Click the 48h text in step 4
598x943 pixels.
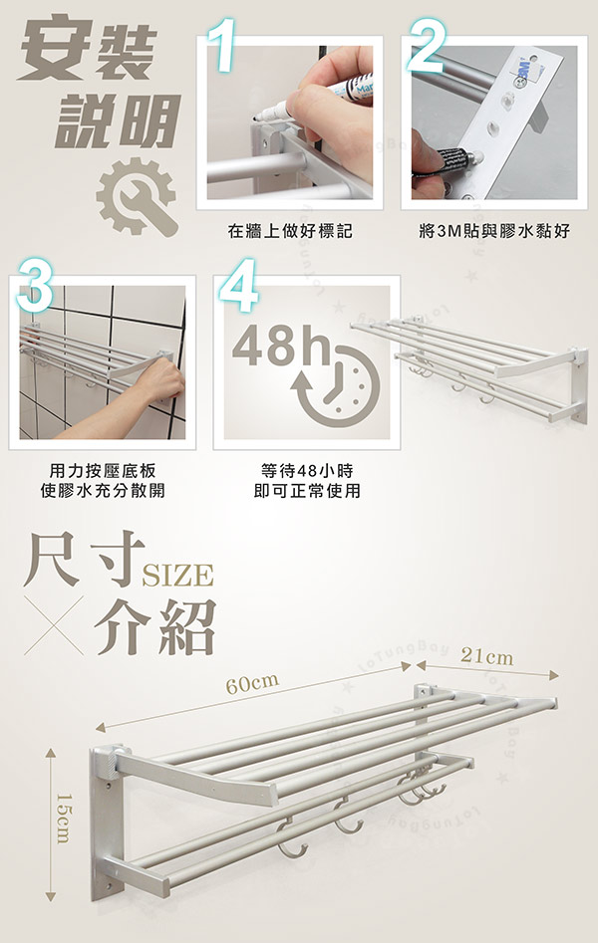click(281, 345)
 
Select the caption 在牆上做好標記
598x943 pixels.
click(290, 231)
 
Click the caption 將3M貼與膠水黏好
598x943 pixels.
click(494, 231)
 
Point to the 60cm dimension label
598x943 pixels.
click(251, 682)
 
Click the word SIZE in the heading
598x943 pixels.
click(179, 576)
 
